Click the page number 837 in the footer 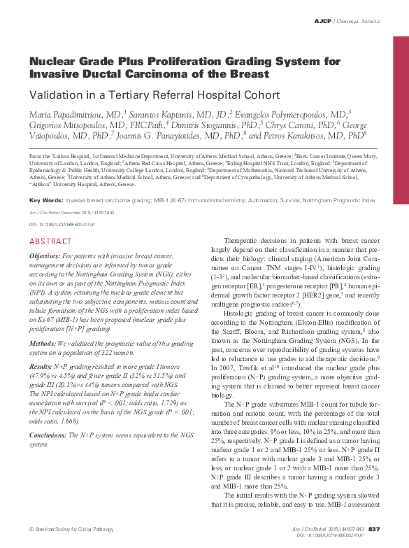[373, 528]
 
